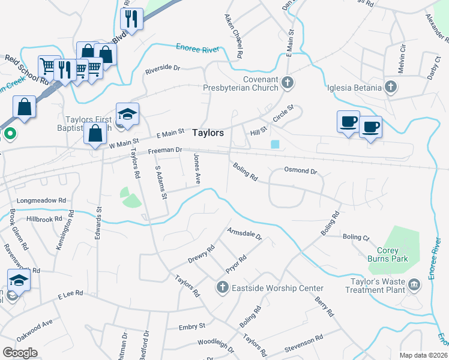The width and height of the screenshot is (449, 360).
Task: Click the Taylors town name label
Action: (x=208, y=133)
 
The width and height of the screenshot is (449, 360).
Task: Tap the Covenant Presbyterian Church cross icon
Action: (x=288, y=82)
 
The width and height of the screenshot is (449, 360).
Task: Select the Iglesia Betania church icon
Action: (x=390, y=88)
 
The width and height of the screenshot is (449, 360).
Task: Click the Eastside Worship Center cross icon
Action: (x=223, y=288)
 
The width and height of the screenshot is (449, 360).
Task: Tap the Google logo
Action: (x=20, y=353)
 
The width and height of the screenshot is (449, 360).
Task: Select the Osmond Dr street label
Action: (x=300, y=171)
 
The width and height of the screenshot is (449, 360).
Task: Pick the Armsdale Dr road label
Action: (x=244, y=233)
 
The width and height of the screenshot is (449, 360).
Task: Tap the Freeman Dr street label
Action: (x=165, y=151)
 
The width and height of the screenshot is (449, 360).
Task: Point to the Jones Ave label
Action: (x=196, y=169)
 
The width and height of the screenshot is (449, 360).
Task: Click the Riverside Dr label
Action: (x=163, y=69)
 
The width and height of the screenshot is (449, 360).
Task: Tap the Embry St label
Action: (x=192, y=327)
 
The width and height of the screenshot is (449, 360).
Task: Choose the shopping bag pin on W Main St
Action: (x=95, y=134)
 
